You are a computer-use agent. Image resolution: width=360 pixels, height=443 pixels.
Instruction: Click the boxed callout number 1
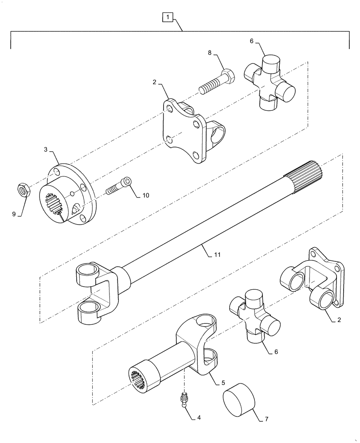(x=167, y=18)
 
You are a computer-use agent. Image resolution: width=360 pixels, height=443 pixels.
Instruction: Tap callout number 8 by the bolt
(x=210, y=54)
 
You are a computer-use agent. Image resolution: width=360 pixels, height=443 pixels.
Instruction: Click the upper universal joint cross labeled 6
(x=270, y=83)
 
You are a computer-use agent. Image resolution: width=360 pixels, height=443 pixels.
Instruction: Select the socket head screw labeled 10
(x=118, y=186)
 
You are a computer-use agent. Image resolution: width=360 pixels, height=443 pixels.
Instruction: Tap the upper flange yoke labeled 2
(x=188, y=131)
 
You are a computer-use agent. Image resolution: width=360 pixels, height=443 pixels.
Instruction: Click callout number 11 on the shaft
(x=218, y=255)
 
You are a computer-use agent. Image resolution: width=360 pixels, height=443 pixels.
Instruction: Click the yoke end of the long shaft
(x=95, y=292)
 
